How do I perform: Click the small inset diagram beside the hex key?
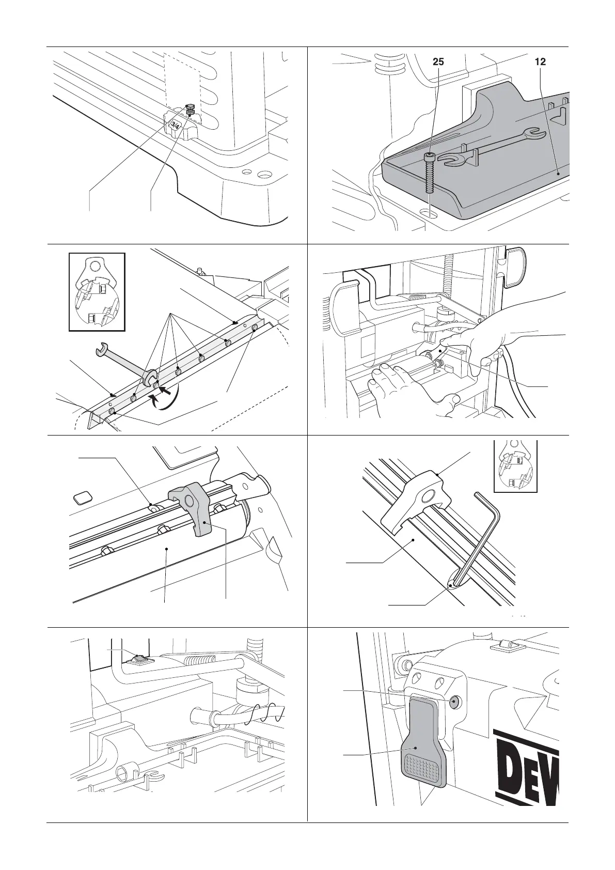coord(515,464)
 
